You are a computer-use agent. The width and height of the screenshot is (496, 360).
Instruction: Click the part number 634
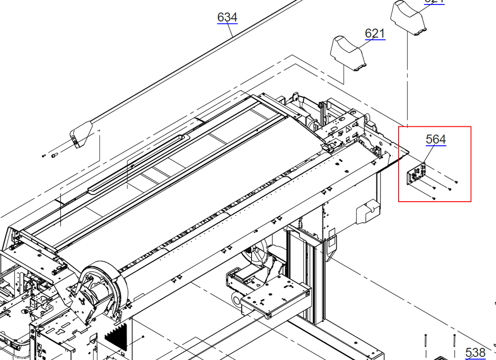(x=227, y=17)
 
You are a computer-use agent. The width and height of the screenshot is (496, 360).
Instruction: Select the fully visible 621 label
(x=375, y=33)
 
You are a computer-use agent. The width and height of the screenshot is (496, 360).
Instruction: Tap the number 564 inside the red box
(x=436, y=139)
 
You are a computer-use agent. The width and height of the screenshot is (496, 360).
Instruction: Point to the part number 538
(x=475, y=352)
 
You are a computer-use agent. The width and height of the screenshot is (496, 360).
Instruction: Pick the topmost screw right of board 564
(x=456, y=182)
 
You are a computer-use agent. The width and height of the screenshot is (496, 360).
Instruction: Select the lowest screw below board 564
(x=434, y=198)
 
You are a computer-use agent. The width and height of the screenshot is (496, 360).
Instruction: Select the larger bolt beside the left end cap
(x=54, y=155)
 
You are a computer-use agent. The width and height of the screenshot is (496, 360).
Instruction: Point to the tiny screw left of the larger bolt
(x=43, y=155)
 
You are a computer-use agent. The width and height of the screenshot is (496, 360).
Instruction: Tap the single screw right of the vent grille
(x=143, y=337)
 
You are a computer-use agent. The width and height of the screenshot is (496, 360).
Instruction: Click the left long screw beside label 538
(x=425, y=345)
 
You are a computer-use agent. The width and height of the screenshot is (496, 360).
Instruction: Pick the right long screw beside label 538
(x=454, y=345)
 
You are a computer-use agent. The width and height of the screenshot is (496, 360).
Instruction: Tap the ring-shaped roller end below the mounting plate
(x=236, y=299)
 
